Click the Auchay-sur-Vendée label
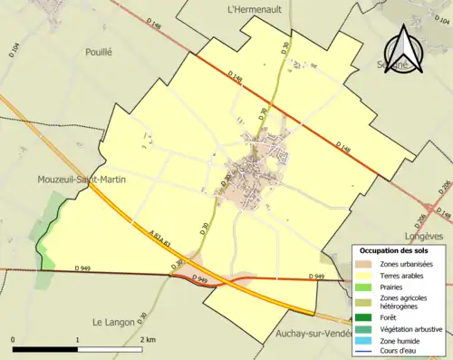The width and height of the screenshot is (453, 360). pyautogui.click(x=313, y=334)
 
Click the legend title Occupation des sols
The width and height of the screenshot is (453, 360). pyautogui.click(x=400, y=250)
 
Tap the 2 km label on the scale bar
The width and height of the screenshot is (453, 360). pyautogui.click(x=147, y=339)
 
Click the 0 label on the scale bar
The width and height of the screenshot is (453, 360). pyautogui.click(x=14, y=339)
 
